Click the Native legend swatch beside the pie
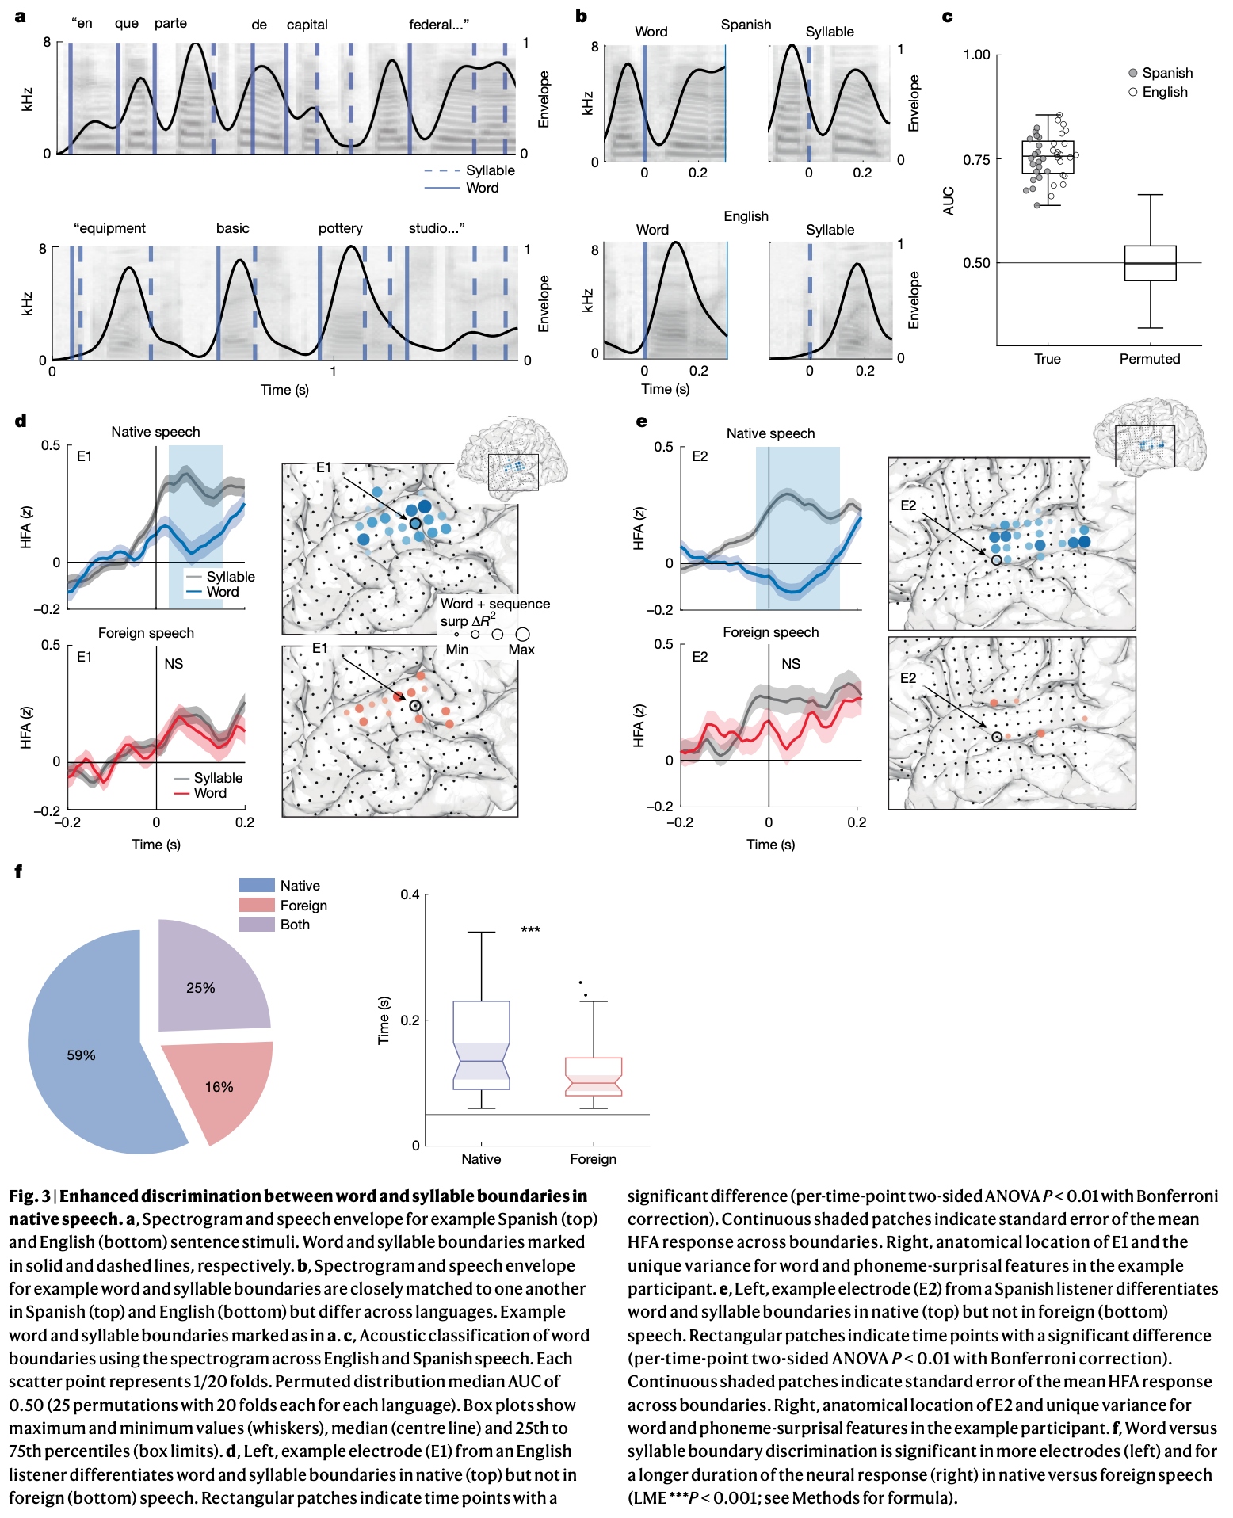(x=257, y=885)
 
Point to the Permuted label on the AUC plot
(x=1149, y=359)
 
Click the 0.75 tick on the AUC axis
(x=976, y=160)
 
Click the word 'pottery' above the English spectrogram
(x=340, y=228)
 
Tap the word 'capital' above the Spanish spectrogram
(x=307, y=25)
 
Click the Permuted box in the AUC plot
(x=1150, y=263)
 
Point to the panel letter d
(x=21, y=421)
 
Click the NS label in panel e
(x=790, y=663)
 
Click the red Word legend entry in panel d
(x=209, y=793)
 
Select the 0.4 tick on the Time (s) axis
(x=410, y=894)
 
